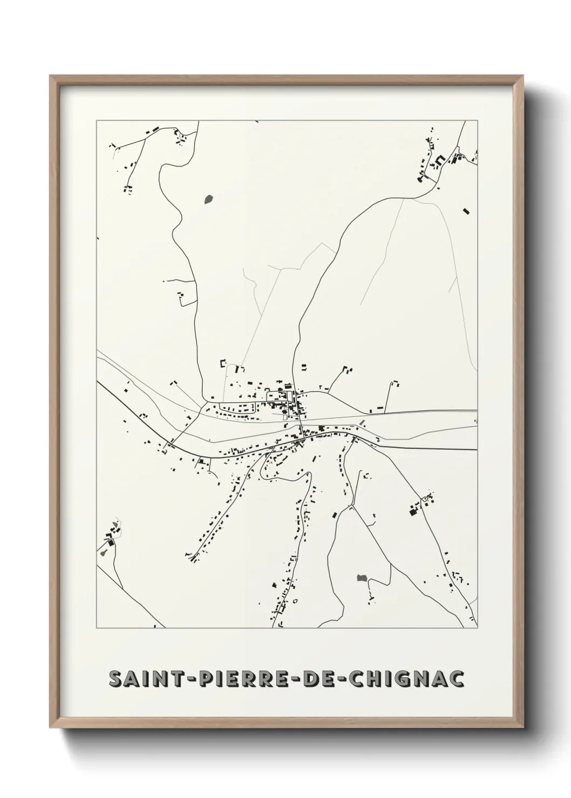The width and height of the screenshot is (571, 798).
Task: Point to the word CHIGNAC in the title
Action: [407, 679]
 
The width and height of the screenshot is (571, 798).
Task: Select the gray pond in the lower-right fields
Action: [362, 578]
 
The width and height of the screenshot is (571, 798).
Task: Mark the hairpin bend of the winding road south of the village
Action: [309, 474]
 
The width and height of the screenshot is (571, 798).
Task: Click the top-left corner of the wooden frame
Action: [50, 76]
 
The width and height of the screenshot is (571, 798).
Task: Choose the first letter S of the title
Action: [115, 679]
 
